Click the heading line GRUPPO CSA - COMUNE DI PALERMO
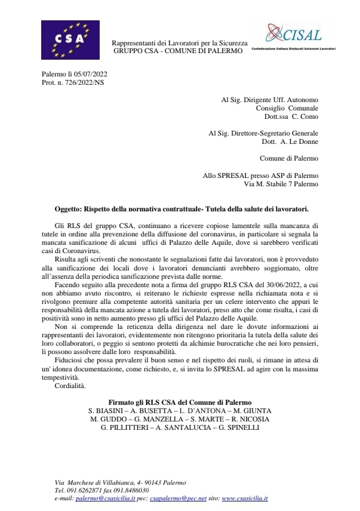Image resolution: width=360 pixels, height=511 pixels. point(179,51)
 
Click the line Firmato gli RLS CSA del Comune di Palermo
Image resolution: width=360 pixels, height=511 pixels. point(180,402)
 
